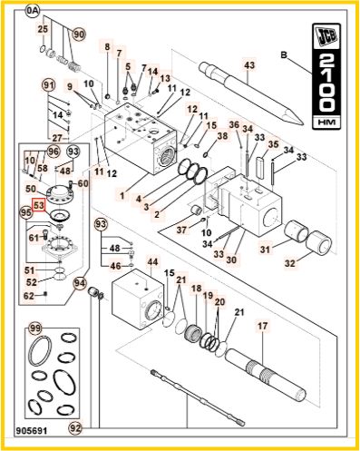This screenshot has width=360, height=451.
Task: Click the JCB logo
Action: click(x=326, y=37)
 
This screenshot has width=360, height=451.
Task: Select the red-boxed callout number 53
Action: click(x=39, y=205)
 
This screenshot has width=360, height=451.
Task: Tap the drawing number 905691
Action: click(x=33, y=430)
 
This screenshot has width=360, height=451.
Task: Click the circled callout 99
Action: click(x=36, y=328)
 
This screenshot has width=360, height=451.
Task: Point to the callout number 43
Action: click(x=249, y=65)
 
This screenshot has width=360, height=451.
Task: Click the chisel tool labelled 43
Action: click(x=250, y=93)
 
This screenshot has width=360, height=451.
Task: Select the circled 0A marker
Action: click(x=33, y=11)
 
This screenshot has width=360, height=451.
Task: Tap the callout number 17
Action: click(x=263, y=326)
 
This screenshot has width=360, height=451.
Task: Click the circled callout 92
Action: click(x=75, y=427)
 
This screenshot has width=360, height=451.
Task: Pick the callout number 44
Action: click(x=152, y=262)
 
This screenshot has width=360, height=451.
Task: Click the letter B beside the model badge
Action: click(x=284, y=55)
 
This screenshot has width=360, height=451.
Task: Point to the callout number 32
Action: click(x=290, y=263)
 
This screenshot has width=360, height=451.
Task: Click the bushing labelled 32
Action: click(x=319, y=242)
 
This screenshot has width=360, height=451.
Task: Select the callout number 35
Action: click(x=274, y=144)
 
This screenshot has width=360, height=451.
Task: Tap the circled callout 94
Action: click(x=80, y=284)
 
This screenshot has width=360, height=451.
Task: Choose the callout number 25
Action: click(x=43, y=29)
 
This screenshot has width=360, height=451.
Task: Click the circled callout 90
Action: click(x=79, y=34)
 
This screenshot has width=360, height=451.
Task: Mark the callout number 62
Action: click(x=29, y=296)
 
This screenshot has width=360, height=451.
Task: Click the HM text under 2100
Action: click(x=326, y=123)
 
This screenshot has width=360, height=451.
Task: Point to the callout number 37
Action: click(x=181, y=230)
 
